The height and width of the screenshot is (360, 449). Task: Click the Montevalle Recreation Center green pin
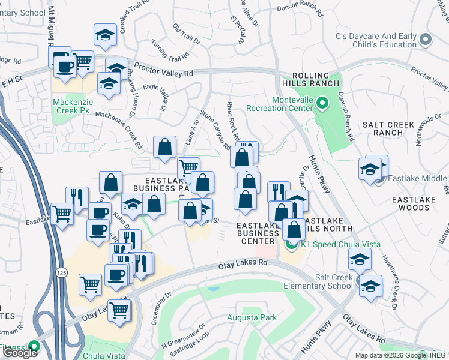pyautogui.click(x=321, y=104)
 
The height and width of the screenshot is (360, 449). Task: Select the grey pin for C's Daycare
pyautogui.click(x=426, y=40)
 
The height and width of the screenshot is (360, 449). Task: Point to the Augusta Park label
pyautogui.click(x=252, y=317)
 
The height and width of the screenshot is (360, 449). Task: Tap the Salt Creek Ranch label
pyautogui.click(x=388, y=128)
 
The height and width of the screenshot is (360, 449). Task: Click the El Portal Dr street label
pyautogui.click(x=238, y=30)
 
